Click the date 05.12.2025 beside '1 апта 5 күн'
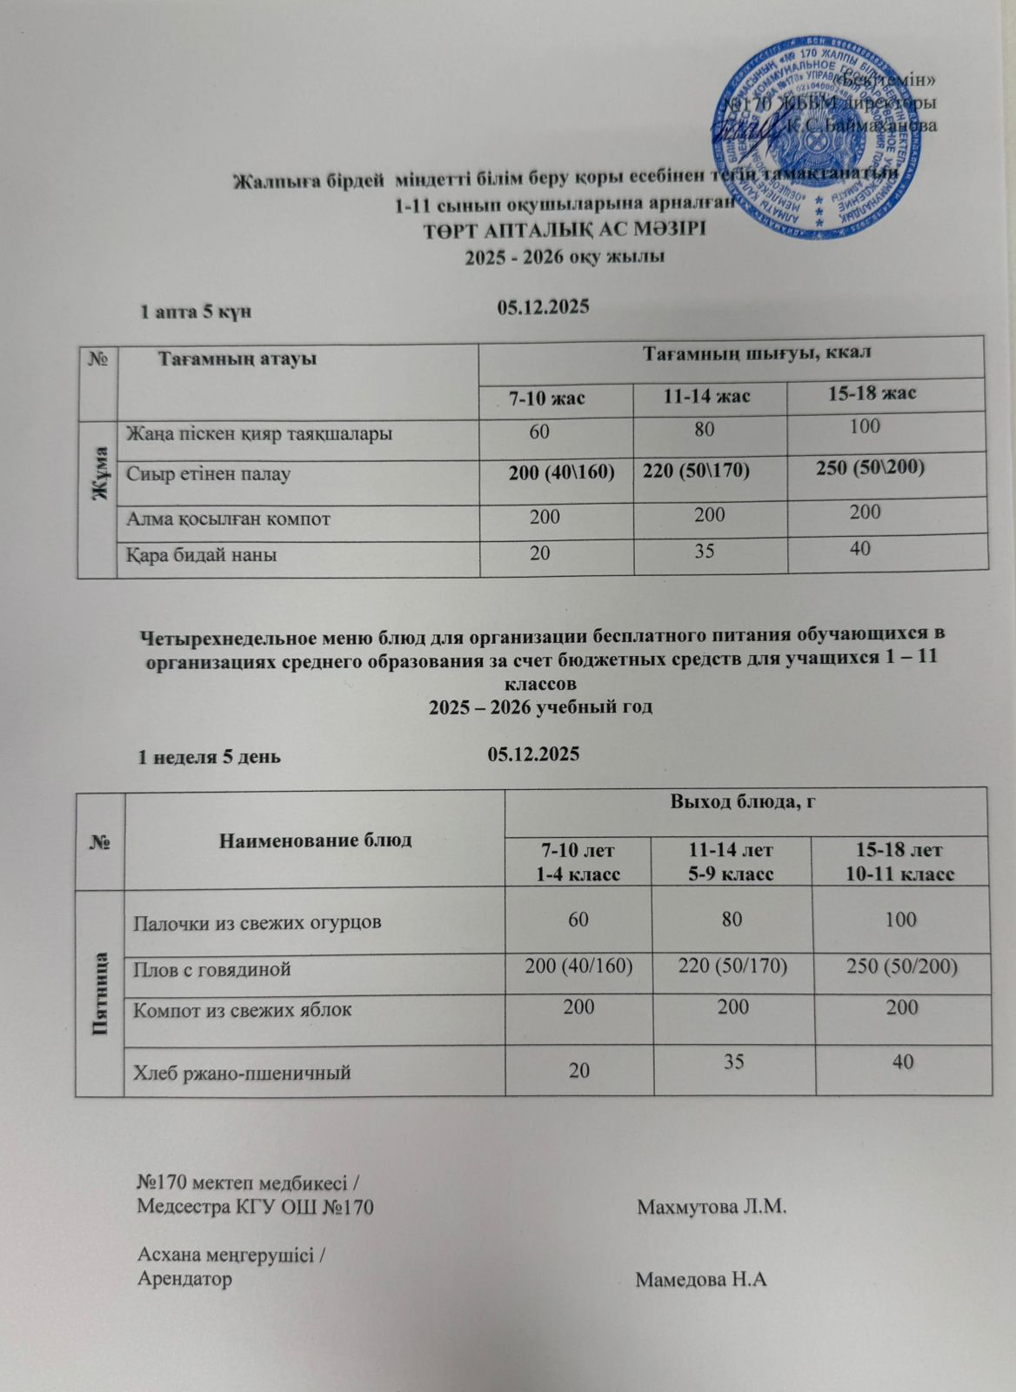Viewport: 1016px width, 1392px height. [544, 306]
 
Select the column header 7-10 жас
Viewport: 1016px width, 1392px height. [546, 398]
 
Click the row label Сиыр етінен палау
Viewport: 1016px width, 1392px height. [209, 474]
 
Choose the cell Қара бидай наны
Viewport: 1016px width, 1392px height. [203, 553]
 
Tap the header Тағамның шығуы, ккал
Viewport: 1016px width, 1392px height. [756, 351]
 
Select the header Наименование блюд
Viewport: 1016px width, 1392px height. [316, 840]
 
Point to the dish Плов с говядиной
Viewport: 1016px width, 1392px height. [211, 968]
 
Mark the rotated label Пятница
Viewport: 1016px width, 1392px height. [100, 991]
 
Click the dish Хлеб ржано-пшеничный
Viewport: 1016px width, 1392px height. [242, 1073]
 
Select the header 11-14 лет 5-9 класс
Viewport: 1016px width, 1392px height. [732, 860]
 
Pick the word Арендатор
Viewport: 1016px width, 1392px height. [185, 1280]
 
